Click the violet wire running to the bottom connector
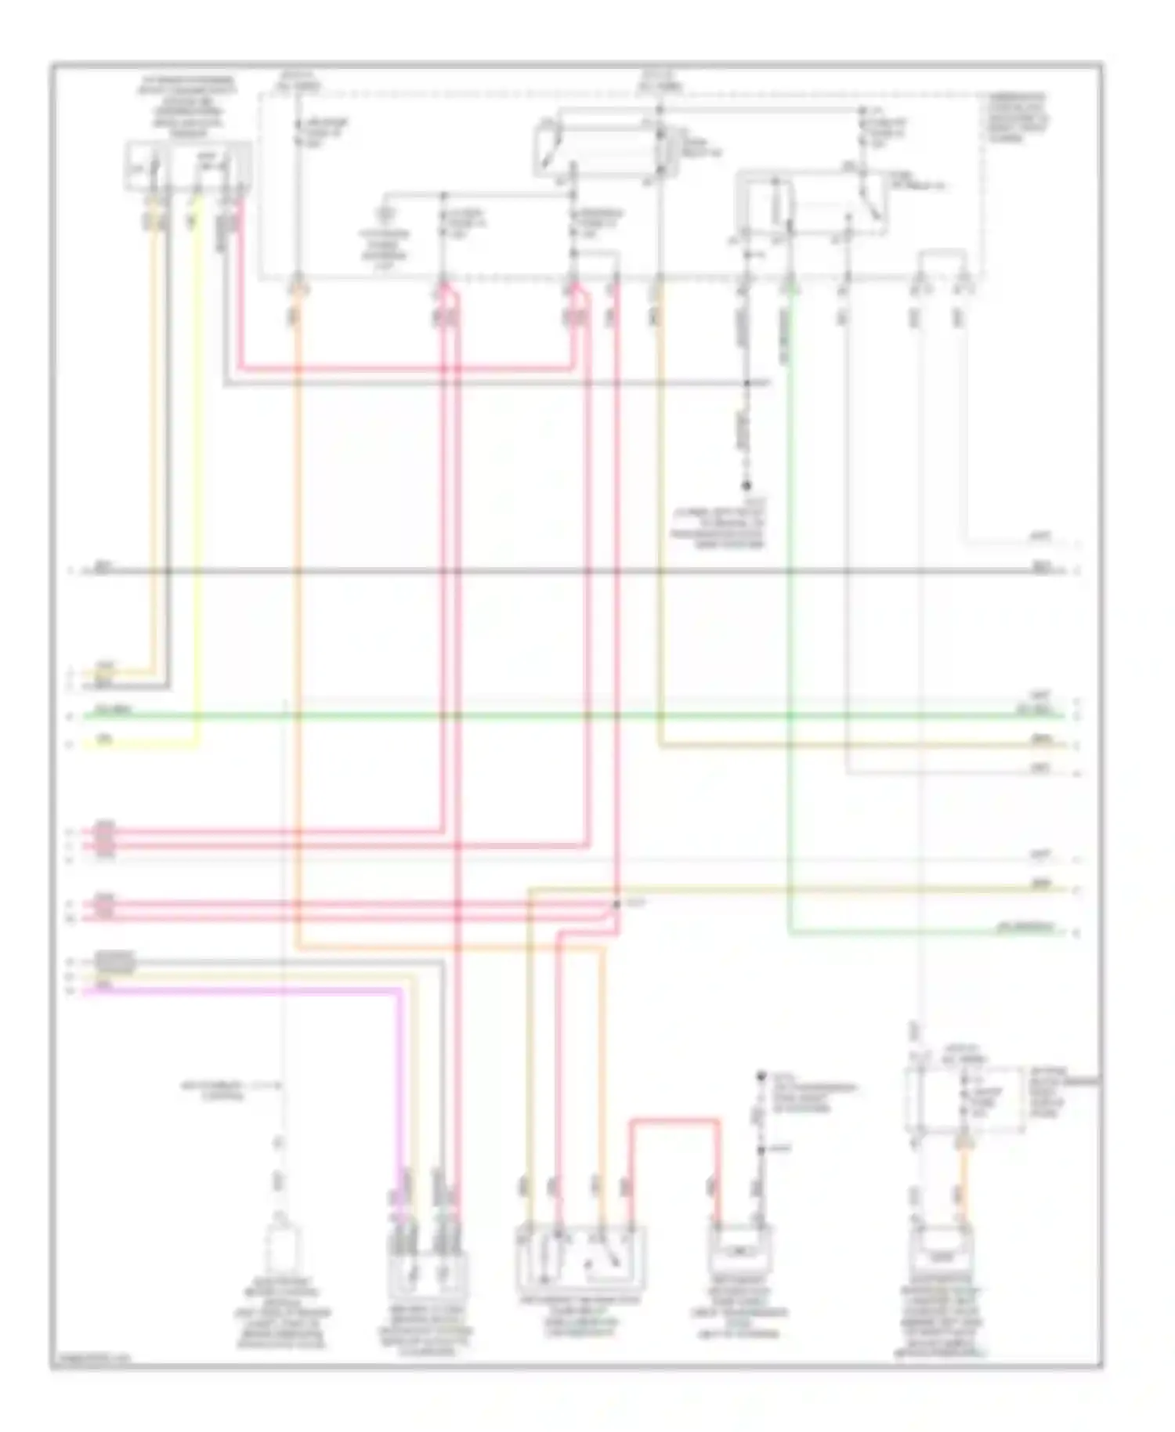(x=235, y=991)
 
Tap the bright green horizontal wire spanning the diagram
(x=548, y=715)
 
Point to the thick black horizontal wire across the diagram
(x=548, y=571)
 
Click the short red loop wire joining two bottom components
(x=674, y=1123)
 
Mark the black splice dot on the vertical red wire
(x=616, y=904)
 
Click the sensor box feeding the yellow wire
(x=188, y=166)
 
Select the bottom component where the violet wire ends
(x=427, y=1273)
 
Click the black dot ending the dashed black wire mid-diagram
(x=747, y=486)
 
